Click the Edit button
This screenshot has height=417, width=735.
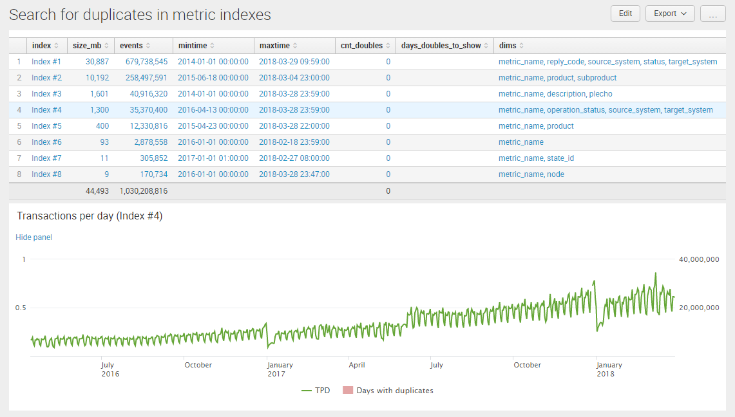[x=625, y=14]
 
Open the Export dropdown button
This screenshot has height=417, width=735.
[x=670, y=14]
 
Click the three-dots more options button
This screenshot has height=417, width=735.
[x=712, y=14]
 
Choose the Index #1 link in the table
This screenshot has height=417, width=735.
[x=46, y=62]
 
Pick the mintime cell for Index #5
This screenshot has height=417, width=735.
[x=213, y=126]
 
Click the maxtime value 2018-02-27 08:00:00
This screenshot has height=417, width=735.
[x=294, y=158]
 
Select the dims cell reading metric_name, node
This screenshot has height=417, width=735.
[x=531, y=174]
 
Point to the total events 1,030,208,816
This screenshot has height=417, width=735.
[x=143, y=191]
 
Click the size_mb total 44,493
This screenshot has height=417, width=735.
[x=97, y=191]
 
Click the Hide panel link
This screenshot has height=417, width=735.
[x=33, y=237]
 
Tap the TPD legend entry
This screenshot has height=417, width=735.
[x=316, y=391]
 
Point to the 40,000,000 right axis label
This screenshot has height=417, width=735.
[x=699, y=259]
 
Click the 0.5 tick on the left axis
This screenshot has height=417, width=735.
[x=21, y=308]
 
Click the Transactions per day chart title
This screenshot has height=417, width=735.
[x=90, y=216]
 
